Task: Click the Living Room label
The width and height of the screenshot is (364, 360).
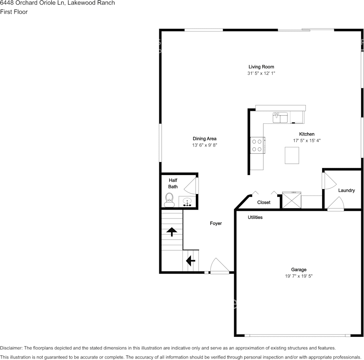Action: (x=261, y=67)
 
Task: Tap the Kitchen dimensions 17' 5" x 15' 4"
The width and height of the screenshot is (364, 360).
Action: (x=307, y=140)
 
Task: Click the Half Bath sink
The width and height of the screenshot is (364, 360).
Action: (x=187, y=202)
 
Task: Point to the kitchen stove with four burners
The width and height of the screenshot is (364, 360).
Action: (x=257, y=145)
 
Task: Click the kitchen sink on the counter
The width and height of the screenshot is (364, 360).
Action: (x=280, y=118)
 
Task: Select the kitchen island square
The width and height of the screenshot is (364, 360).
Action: (x=292, y=155)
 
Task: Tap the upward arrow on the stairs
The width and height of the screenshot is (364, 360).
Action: (x=172, y=231)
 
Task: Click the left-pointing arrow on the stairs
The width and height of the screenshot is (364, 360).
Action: (x=190, y=261)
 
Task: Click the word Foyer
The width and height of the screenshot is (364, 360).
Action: (x=216, y=223)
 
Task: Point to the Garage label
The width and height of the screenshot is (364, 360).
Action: (x=299, y=269)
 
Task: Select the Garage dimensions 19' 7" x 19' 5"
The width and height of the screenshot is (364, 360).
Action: (x=299, y=276)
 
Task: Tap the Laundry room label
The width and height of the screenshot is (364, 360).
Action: (x=346, y=190)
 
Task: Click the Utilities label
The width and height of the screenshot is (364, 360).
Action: (x=255, y=217)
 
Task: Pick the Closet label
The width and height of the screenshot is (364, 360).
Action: (x=264, y=202)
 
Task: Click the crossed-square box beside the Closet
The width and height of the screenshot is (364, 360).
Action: (x=291, y=200)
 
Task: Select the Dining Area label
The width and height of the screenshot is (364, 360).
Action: (x=204, y=139)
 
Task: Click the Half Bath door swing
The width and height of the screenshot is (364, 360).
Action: (x=191, y=186)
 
